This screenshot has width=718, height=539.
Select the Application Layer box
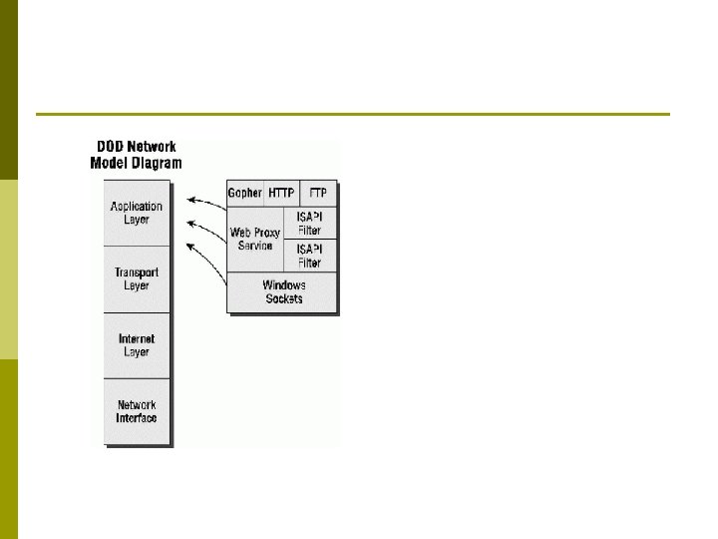point(137,213)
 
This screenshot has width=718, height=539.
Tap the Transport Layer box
point(137,278)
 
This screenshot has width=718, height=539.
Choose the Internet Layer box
point(137,345)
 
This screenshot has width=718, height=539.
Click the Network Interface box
point(137,411)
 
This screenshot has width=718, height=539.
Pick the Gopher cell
point(245,193)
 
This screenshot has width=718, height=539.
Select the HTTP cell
point(282,193)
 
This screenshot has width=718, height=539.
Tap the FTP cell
point(319,193)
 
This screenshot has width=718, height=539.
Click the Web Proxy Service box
point(256,240)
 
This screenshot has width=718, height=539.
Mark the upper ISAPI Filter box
point(310,223)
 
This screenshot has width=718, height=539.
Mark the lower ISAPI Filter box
point(310,256)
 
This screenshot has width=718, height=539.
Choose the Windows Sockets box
point(283,291)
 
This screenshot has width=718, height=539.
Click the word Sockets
point(284,298)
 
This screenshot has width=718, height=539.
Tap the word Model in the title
point(112,162)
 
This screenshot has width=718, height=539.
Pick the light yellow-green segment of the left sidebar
point(9,269)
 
